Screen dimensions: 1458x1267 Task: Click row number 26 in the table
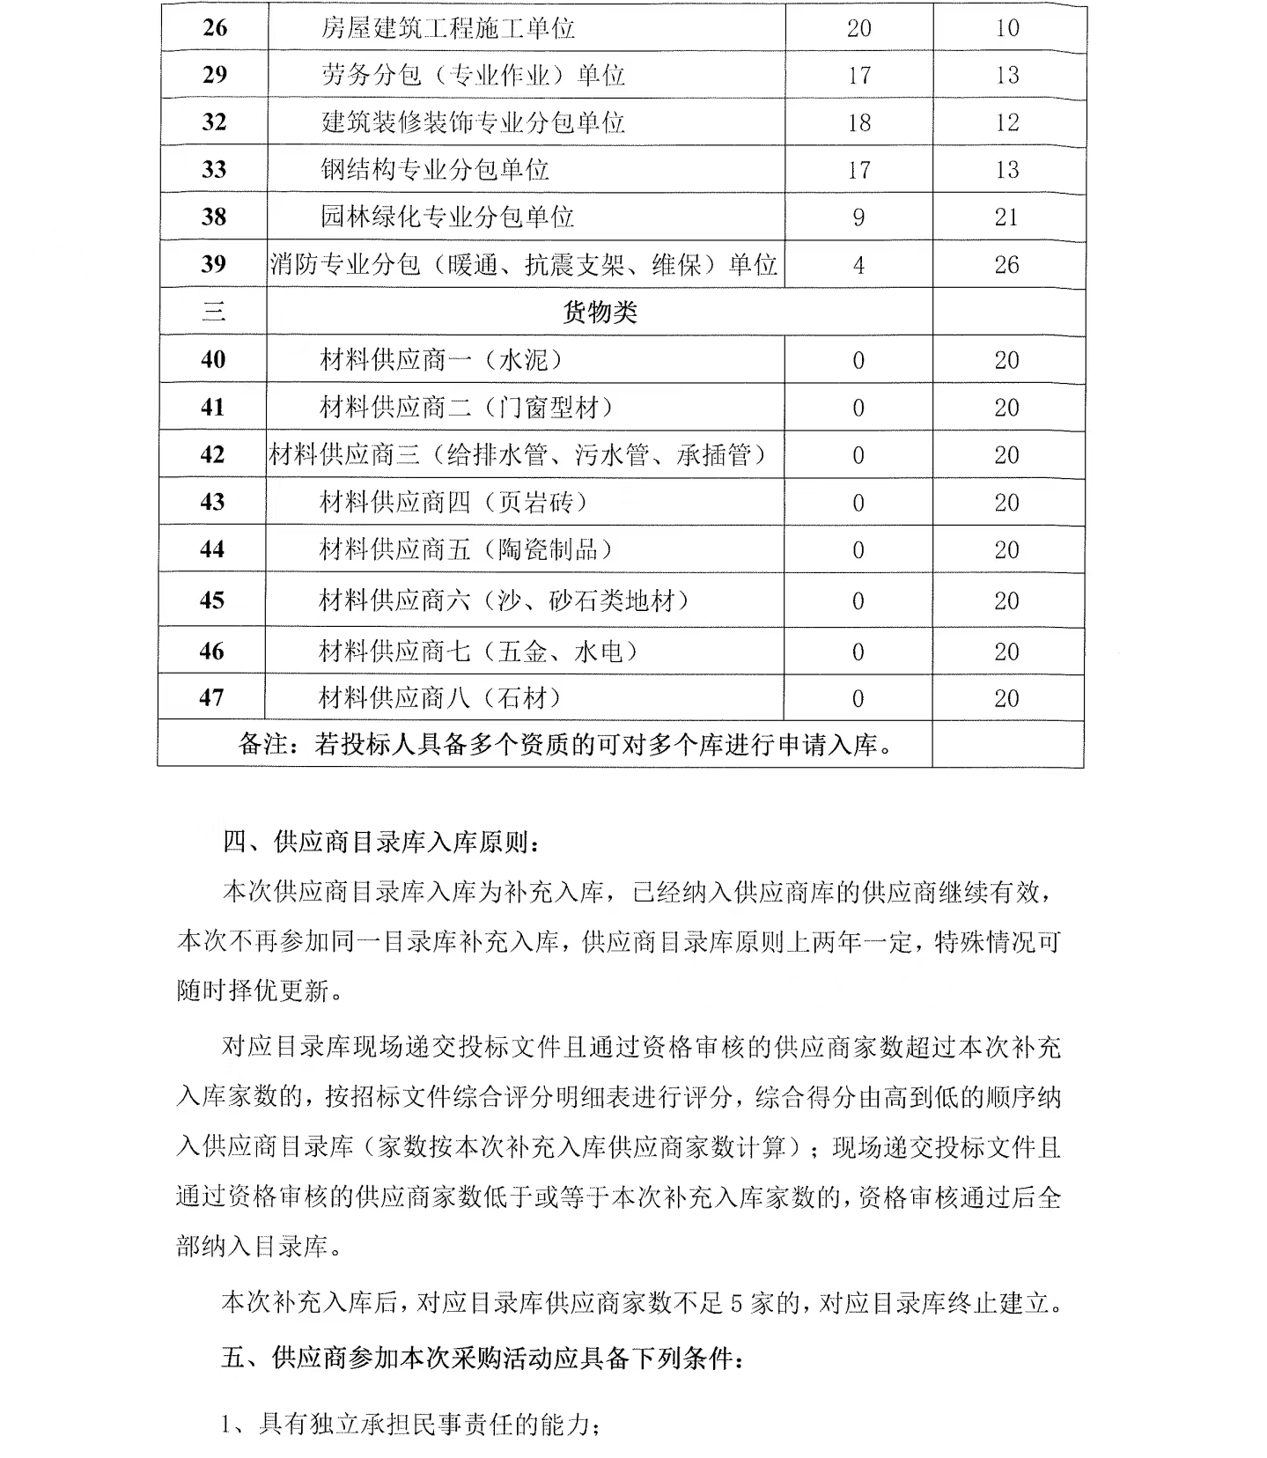[215, 28]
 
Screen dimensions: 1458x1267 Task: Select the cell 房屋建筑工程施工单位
[447, 28]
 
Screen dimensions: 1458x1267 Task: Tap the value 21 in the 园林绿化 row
[1006, 217]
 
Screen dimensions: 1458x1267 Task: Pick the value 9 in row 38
[858, 217]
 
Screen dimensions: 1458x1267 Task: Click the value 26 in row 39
[1006, 264]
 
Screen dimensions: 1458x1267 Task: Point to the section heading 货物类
[599, 312]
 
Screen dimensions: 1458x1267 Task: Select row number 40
[213, 359]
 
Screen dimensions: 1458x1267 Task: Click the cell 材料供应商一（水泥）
[440, 359]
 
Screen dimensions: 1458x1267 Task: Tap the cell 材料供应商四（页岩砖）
[453, 502]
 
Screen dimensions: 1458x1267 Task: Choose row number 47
[212, 697]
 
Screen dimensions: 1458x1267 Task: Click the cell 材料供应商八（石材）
[440, 698]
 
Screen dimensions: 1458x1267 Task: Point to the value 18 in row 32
[858, 122]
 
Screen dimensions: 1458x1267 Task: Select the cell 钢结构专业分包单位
[435, 169]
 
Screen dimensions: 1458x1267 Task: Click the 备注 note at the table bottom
[566, 745]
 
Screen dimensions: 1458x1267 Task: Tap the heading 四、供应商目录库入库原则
[382, 843]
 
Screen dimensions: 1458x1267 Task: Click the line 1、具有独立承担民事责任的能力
[412, 1425]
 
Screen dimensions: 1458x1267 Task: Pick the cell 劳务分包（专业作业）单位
[473, 75]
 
